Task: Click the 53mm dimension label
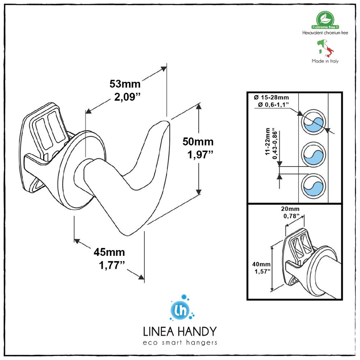(x=125, y=84)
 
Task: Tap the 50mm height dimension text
(x=198, y=142)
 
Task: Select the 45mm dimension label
(x=109, y=252)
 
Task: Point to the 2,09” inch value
(x=127, y=97)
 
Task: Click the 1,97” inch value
(x=201, y=155)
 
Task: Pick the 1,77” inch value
(x=112, y=265)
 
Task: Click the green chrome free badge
(x=325, y=20)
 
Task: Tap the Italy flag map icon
(x=325, y=48)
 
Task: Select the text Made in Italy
(x=325, y=61)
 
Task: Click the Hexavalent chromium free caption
(x=325, y=33)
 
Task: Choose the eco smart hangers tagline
(x=180, y=343)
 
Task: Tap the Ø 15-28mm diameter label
(x=271, y=97)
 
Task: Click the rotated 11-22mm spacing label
(x=268, y=141)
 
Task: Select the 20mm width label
(x=290, y=209)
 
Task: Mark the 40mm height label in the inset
(x=261, y=265)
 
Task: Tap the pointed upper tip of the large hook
(x=166, y=121)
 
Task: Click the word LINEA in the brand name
(x=158, y=332)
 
